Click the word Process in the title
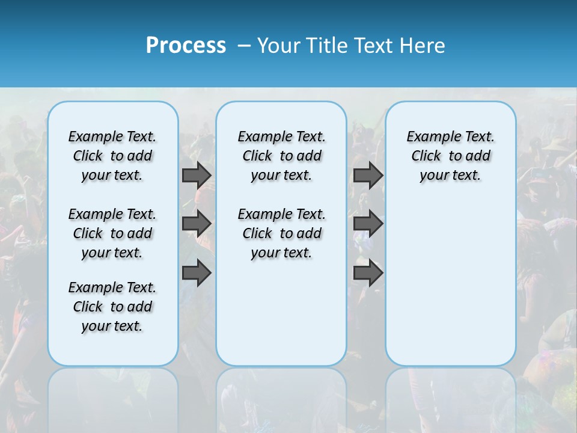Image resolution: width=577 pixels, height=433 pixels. tap(186, 46)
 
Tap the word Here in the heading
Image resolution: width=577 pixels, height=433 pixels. tap(423, 46)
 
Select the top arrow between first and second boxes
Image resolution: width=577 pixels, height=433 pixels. tap(196, 175)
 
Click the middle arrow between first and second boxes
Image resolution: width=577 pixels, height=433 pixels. tap(196, 224)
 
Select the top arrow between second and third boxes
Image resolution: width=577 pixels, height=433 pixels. tap(368, 175)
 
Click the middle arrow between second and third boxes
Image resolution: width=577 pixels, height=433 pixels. tap(368, 224)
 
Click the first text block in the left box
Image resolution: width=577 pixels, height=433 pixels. tap(112, 156)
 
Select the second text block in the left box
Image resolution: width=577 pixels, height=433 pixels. tap(112, 233)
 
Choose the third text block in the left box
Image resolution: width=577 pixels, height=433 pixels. tap(112, 307)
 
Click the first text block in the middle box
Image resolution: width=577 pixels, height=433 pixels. tap(281, 156)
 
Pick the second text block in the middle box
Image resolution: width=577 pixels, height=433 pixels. tap(281, 233)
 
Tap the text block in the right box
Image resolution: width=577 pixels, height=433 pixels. tap(450, 156)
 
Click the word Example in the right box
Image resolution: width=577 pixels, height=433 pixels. tap(429, 137)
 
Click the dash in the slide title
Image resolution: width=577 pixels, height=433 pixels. tap(243, 46)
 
